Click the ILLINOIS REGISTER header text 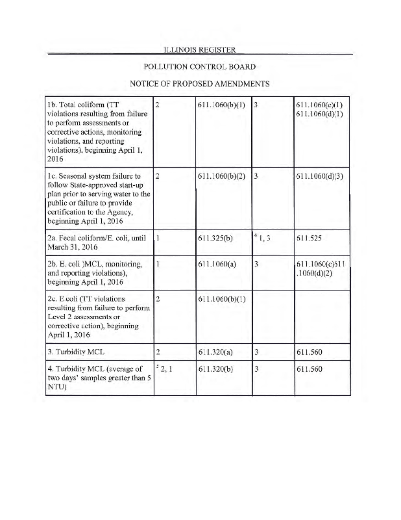(x=199, y=49)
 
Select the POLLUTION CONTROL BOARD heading (x=199, y=67)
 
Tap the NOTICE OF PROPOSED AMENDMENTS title (x=199, y=84)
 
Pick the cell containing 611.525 (x=308, y=239)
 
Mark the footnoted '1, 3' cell (x=263, y=239)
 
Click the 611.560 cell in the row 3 (x=308, y=353)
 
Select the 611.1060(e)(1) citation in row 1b (x=319, y=105)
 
